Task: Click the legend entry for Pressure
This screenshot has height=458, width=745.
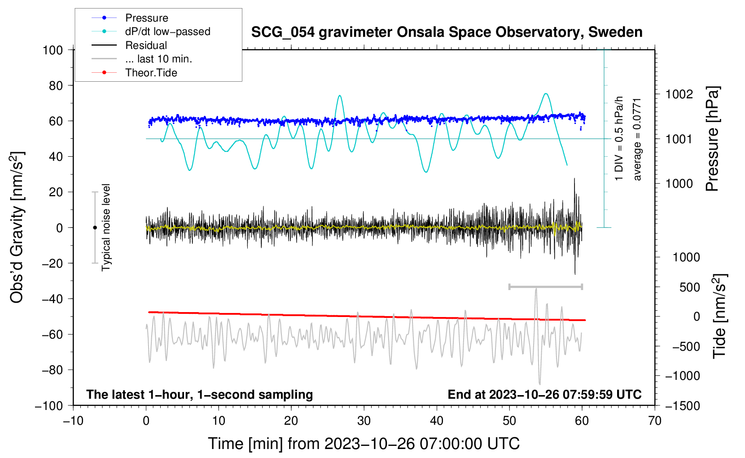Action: (130, 18)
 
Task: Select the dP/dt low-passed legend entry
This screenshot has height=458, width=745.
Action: (151, 31)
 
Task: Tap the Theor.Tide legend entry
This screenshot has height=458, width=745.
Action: (134, 73)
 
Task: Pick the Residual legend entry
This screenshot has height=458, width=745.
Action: (129, 45)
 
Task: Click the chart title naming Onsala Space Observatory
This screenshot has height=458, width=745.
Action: (447, 32)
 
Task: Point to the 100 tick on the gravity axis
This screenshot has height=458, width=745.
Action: (53, 50)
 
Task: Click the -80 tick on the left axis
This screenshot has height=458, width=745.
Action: (53, 370)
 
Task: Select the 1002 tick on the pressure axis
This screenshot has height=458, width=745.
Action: (679, 95)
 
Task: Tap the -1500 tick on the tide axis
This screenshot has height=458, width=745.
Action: (683, 406)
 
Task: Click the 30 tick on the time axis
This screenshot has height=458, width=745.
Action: (364, 421)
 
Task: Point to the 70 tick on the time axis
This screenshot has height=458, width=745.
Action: (654, 421)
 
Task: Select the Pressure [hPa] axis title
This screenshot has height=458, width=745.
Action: (712, 139)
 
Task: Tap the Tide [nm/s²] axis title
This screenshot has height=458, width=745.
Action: (719, 316)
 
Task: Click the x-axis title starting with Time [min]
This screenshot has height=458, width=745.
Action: (364, 444)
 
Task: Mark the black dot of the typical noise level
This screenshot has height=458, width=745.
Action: (95, 228)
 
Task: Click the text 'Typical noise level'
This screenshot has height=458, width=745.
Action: (106, 228)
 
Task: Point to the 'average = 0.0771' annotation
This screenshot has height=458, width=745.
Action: (637, 140)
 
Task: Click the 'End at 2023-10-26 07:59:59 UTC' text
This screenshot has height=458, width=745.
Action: (544, 394)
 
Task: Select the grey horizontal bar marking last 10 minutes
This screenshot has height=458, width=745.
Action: (545, 286)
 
